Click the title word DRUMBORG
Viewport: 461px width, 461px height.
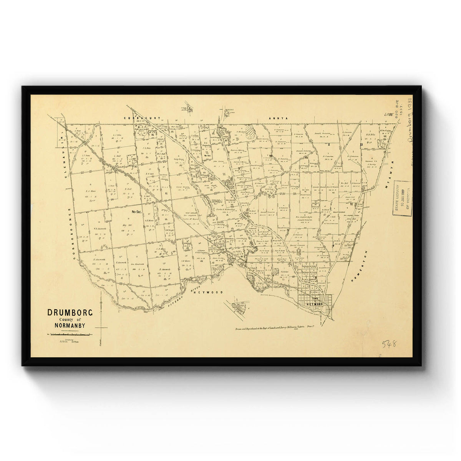tap(70, 312)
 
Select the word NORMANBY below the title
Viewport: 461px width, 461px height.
tap(70, 326)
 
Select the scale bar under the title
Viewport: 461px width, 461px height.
tap(69, 335)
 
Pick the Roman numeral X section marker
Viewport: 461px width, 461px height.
tap(329, 144)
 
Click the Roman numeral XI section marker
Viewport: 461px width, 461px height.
tap(361, 144)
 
